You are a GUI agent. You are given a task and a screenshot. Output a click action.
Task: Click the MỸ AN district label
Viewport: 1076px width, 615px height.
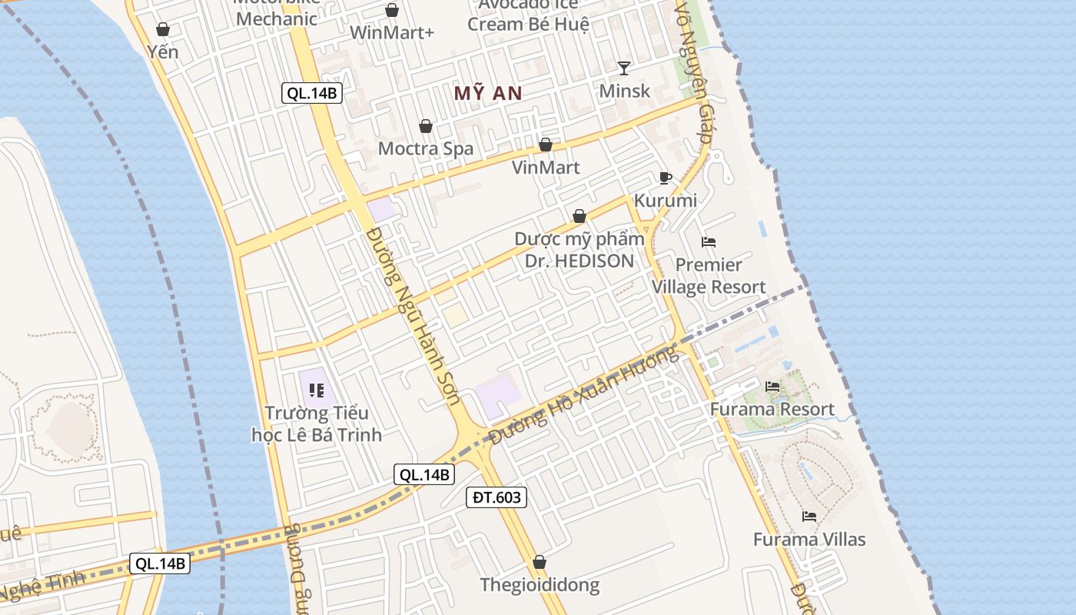(x=488, y=94)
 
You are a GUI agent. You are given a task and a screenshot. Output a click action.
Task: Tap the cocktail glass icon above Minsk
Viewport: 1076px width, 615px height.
(x=624, y=68)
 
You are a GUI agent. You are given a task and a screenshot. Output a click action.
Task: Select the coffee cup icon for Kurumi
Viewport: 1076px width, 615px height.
(x=666, y=178)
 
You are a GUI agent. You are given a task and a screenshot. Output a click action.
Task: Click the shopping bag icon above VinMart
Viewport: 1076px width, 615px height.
(x=546, y=145)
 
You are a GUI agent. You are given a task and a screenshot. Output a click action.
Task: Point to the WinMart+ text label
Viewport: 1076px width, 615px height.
(x=392, y=33)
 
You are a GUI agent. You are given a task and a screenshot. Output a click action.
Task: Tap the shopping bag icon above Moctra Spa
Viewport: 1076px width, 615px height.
(x=426, y=126)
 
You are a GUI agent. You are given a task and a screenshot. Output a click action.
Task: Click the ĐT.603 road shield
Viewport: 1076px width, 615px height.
(x=496, y=497)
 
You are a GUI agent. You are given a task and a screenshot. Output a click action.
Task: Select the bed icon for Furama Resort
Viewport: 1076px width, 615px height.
(x=772, y=386)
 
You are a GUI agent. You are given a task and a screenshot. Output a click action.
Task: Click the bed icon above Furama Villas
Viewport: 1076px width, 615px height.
(x=809, y=516)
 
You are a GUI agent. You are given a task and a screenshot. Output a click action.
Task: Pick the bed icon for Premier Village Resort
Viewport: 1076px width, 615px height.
(x=709, y=242)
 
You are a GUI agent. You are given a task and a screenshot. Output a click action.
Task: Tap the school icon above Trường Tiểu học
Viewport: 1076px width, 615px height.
(x=316, y=391)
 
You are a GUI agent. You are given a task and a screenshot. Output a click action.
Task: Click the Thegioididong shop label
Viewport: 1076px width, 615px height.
(x=540, y=585)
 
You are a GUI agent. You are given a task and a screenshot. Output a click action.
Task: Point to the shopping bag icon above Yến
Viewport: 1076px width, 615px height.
(x=163, y=30)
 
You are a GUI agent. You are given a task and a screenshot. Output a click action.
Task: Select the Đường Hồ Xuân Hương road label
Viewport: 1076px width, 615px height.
(x=585, y=395)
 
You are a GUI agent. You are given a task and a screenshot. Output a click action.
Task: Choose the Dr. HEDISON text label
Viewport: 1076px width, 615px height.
(x=580, y=261)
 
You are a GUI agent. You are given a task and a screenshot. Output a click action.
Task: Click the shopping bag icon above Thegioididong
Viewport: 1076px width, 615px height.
(x=540, y=562)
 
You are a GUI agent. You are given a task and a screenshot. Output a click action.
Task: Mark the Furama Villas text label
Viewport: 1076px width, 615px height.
(x=809, y=540)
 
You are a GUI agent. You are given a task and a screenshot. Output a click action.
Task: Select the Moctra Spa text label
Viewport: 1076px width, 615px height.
(x=426, y=148)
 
